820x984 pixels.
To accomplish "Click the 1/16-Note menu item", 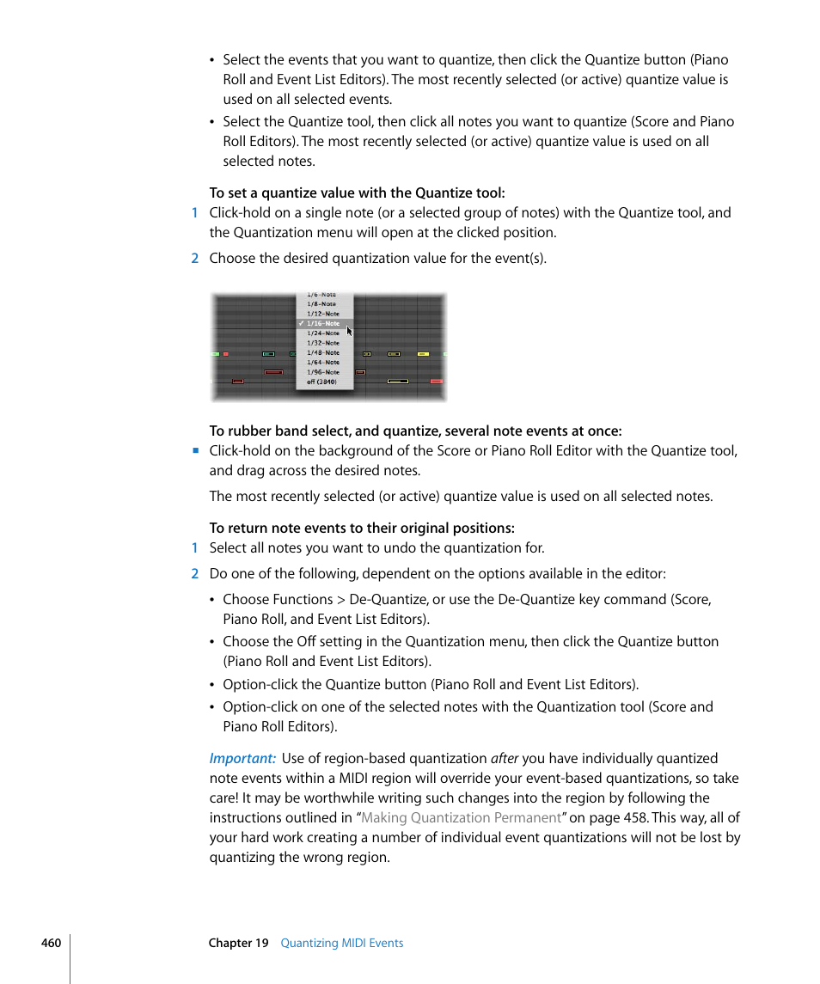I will (x=323, y=324).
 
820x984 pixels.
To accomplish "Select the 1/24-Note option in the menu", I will (x=323, y=333).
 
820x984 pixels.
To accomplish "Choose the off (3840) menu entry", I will (x=321, y=382).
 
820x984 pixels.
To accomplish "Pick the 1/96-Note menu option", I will (x=323, y=372).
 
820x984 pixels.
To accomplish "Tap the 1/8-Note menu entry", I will (x=321, y=304).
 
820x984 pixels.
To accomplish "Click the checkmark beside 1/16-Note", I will (x=301, y=324).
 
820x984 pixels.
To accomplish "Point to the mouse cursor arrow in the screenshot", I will (x=349, y=331).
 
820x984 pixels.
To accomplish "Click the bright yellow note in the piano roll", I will (x=422, y=353).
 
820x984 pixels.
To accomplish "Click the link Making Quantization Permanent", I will (x=462, y=818).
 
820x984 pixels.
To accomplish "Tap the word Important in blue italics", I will (x=242, y=759).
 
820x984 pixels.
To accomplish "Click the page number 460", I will (x=51, y=943).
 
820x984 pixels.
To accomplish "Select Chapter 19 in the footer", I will (x=238, y=943).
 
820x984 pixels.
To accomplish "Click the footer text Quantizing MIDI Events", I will (x=342, y=943).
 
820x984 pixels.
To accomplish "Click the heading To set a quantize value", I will (x=357, y=193).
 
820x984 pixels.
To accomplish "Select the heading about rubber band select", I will (x=415, y=431).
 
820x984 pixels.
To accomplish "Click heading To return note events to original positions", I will (x=362, y=529).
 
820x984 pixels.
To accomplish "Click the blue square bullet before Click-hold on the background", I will (x=195, y=450).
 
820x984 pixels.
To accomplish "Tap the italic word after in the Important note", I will (x=505, y=759).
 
